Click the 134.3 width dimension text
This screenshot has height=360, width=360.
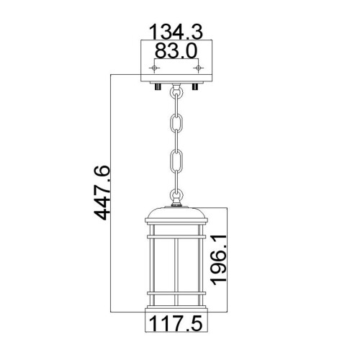tap(176, 32)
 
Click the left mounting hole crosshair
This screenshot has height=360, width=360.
tap(153, 68)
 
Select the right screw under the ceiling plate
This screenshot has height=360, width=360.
tap(194, 87)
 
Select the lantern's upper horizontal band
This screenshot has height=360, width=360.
tap(176, 233)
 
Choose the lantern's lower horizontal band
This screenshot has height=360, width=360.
tap(176, 293)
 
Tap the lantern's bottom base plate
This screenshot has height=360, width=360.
tap(176, 309)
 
